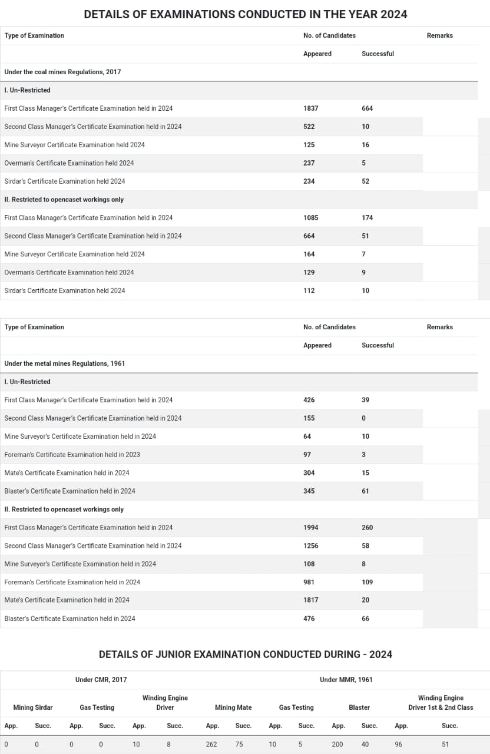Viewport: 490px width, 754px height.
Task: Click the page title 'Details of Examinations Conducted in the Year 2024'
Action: (245, 14)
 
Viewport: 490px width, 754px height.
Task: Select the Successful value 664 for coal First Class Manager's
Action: (367, 108)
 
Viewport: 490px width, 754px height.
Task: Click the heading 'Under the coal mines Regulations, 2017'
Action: (62, 72)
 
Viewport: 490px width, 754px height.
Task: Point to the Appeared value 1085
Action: (310, 218)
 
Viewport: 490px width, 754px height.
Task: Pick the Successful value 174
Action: (367, 218)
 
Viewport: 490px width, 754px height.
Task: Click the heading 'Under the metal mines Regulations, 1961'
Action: (65, 363)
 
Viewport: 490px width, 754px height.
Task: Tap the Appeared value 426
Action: (309, 400)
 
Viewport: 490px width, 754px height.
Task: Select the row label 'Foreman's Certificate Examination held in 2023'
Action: (72, 455)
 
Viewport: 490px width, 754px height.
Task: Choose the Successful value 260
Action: (367, 528)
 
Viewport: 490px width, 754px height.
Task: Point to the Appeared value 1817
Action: (310, 600)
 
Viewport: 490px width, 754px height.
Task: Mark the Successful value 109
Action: (367, 582)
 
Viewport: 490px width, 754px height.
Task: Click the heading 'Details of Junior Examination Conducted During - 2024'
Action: (245, 654)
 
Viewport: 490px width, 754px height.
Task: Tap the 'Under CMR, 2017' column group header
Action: (101, 680)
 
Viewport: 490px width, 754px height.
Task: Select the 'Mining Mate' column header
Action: (233, 707)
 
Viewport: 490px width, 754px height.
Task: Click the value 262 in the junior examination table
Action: (211, 745)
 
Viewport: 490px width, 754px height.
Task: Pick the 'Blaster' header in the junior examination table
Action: (359, 707)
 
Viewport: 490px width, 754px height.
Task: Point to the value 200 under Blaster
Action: (337, 745)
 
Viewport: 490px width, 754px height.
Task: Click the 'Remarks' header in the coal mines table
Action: (439, 35)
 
